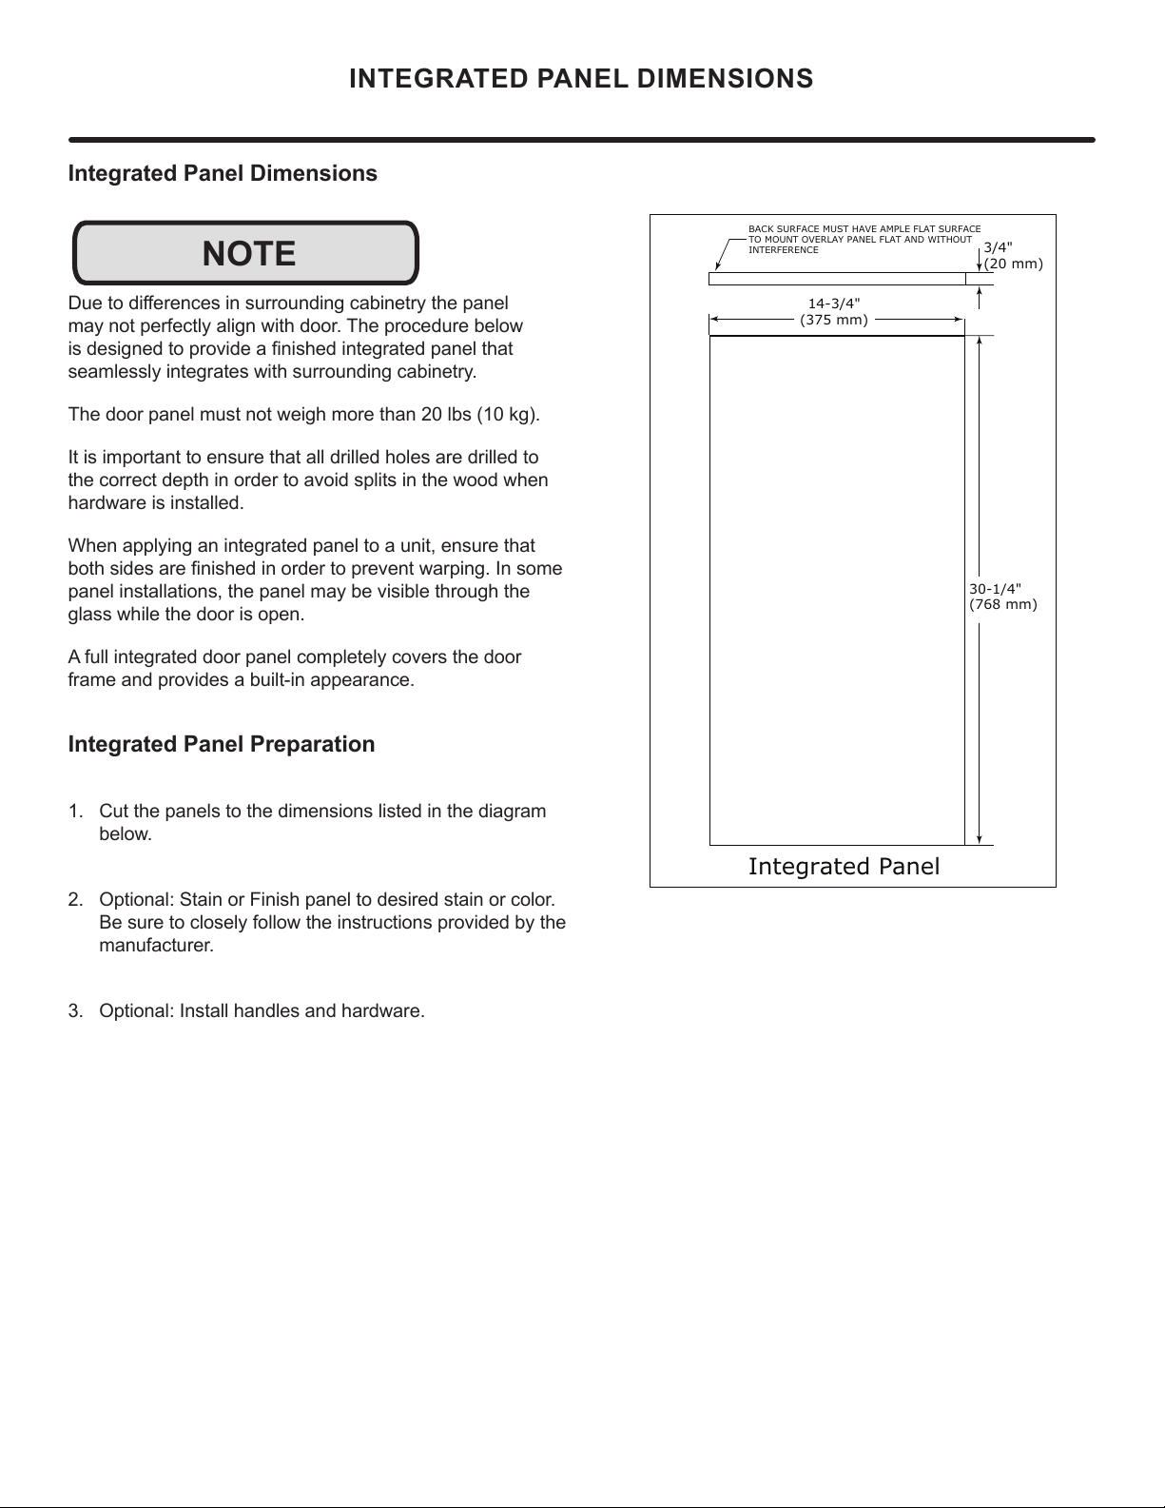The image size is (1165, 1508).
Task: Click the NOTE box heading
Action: tap(248, 254)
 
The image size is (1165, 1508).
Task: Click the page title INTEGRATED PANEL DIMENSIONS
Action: tap(581, 78)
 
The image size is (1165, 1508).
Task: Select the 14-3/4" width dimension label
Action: tap(834, 303)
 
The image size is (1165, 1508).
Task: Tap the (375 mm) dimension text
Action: tap(834, 320)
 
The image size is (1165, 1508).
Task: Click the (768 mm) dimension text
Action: tap(1002, 604)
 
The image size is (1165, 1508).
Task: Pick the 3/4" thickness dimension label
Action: tap(998, 247)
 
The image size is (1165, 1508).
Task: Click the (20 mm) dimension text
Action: tap(1013, 264)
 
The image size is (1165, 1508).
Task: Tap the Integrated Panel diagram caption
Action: tap(844, 866)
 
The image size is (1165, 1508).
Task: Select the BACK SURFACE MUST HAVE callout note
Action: tap(864, 240)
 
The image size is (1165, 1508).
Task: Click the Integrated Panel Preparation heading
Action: tap(222, 744)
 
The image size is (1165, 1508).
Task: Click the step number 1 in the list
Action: tap(74, 812)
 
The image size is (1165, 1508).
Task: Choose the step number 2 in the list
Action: tap(74, 900)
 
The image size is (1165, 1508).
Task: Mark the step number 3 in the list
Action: tap(74, 1011)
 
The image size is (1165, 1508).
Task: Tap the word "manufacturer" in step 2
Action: tap(155, 946)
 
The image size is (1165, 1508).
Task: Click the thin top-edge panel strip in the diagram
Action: tap(837, 279)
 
